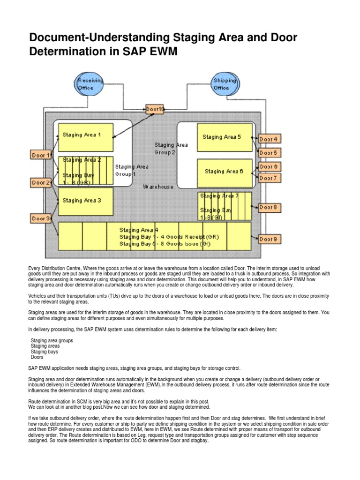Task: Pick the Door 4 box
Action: [x=269, y=139]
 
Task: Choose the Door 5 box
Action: [x=269, y=153]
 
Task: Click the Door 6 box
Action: [x=269, y=167]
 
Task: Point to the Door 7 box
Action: [x=269, y=178]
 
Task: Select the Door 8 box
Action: [x=269, y=207]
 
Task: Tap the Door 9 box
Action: [x=269, y=239]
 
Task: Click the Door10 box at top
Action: [x=155, y=109]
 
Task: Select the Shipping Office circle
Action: [x=224, y=84]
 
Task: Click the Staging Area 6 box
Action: [x=224, y=172]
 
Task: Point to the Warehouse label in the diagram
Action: [x=158, y=187]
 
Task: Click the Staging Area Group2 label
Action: [x=171, y=149]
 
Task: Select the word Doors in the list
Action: [x=38, y=357]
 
